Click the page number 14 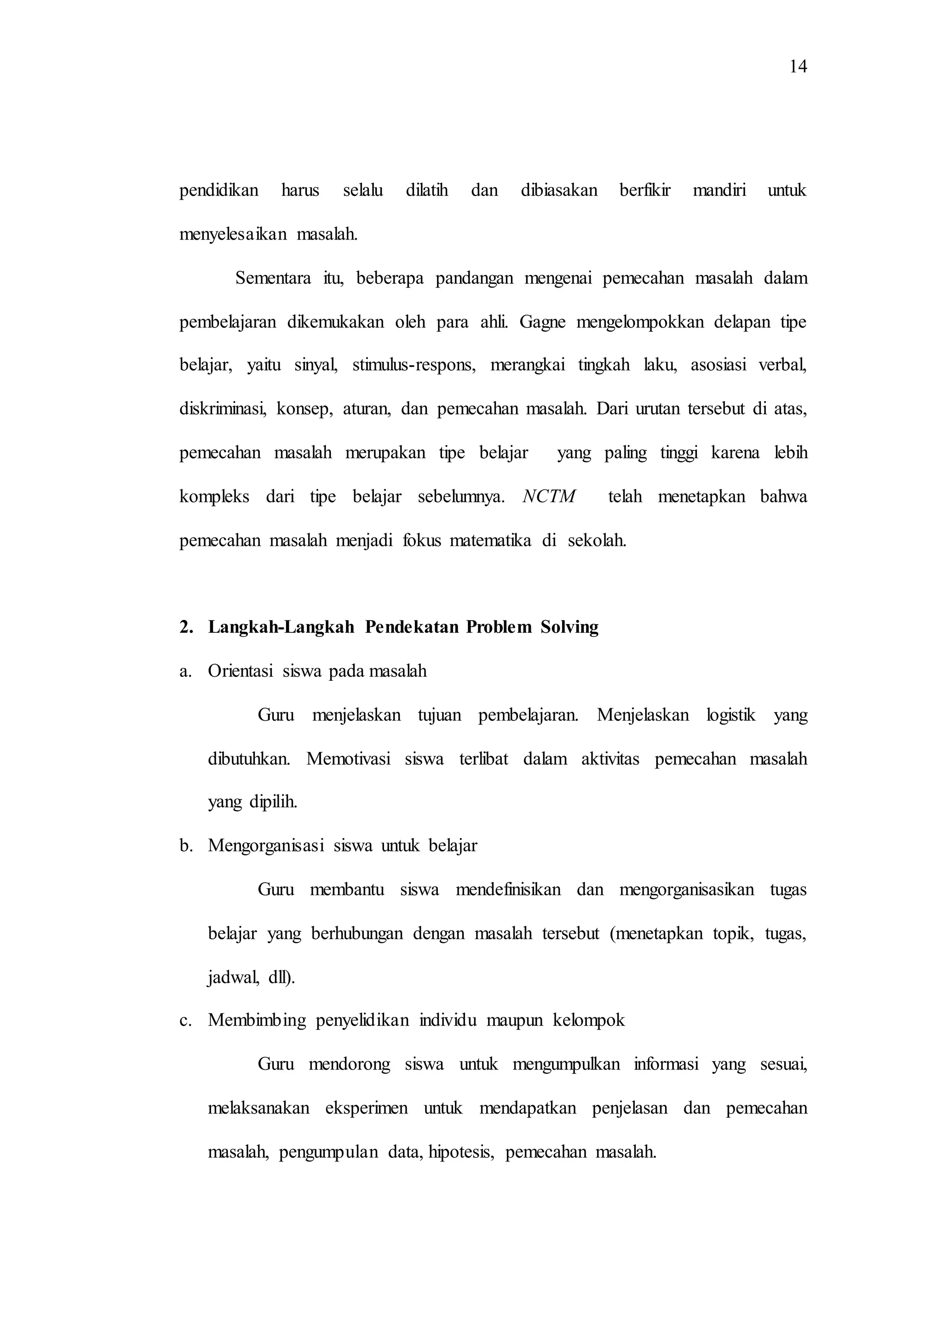click(798, 67)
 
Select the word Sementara click(273, 278)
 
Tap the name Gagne click(542, 322)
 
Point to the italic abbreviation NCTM click(549, 497)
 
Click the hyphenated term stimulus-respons click(414, 366)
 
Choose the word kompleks click(214, 497)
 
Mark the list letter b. click(185, 846)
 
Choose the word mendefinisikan click(508, 890)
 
